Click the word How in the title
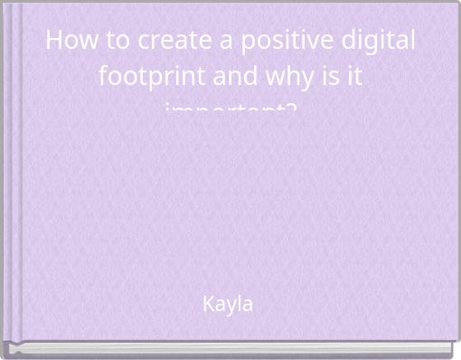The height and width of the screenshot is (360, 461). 68,41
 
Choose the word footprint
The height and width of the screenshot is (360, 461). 147,76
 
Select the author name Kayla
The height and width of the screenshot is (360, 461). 228,304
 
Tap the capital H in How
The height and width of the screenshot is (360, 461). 52,41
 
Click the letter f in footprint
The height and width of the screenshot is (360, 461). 102,76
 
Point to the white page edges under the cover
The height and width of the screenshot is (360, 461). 230,347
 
